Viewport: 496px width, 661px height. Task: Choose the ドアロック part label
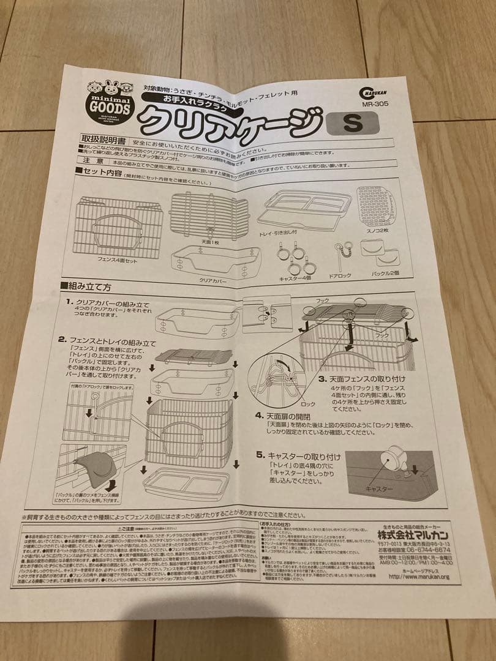[x=340, y=275]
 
